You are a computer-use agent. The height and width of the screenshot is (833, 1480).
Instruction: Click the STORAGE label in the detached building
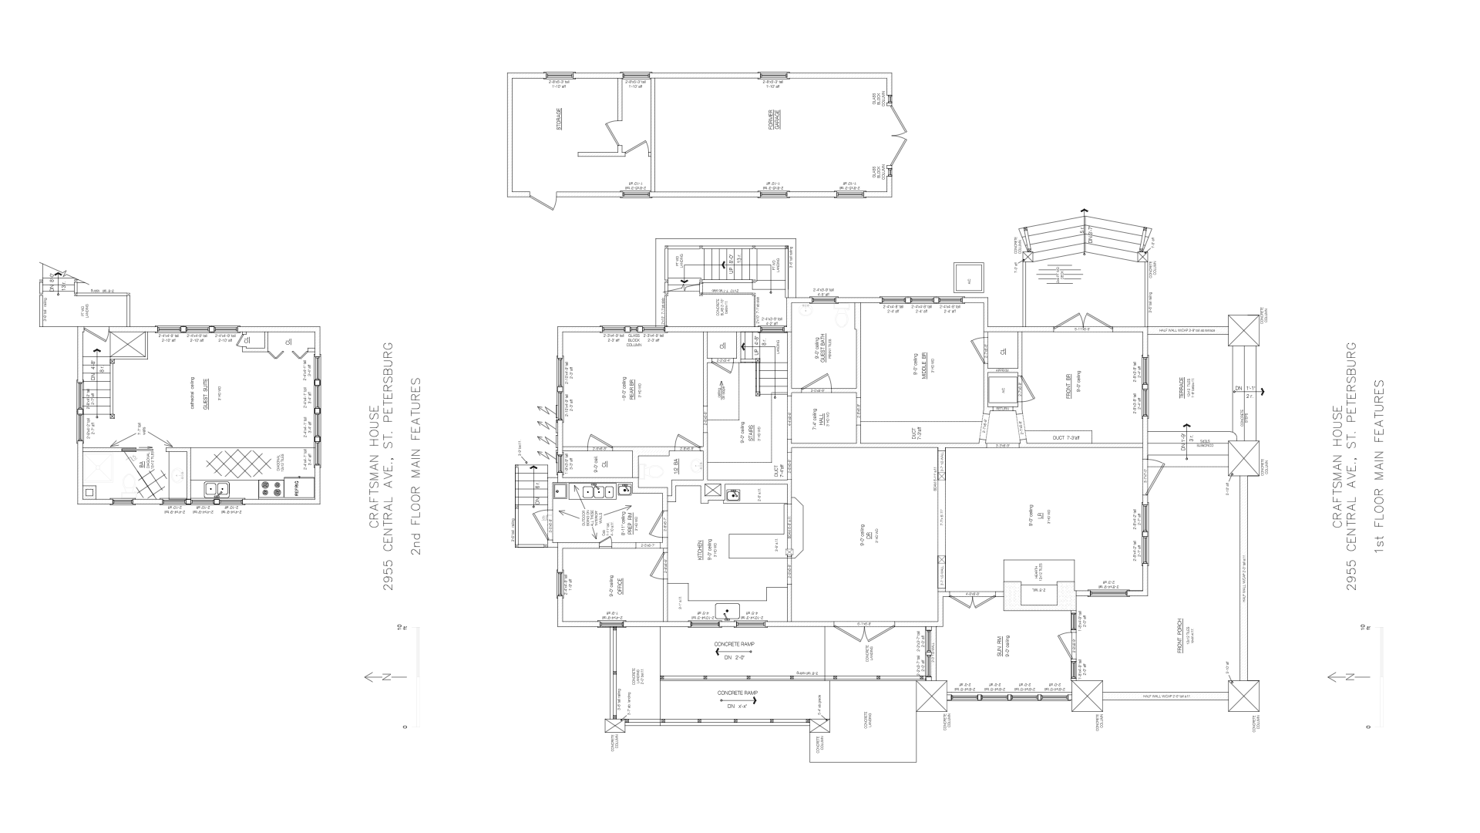559,119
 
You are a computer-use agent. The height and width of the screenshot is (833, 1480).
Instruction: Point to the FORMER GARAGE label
777,119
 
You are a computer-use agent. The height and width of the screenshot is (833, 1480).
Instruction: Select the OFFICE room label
621,585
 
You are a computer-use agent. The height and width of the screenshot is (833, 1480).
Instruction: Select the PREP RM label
631,524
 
